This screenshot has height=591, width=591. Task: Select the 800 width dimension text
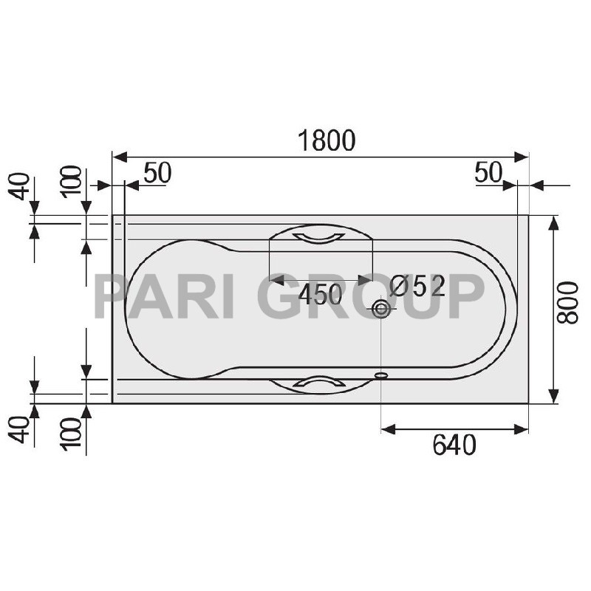click(567, 303)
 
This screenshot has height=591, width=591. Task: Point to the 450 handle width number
click(321, 295)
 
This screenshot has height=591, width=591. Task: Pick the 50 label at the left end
click(157, 173)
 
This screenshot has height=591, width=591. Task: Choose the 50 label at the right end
click(488, 173)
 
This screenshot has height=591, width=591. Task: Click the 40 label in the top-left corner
click(21, 186)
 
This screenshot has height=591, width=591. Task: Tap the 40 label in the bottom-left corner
click(21, 428)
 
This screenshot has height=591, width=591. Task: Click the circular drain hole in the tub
click(382, 309)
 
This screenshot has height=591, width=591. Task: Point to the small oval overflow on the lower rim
click(382, 375)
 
